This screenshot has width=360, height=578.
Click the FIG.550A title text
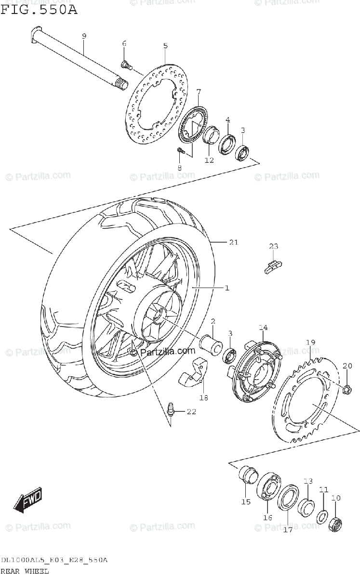[x=39, y=9]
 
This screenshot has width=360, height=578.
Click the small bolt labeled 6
[x=126, y=64]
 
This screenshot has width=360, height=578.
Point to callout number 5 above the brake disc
[x=165, y=46]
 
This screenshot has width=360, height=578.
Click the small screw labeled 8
[x=180, y=151]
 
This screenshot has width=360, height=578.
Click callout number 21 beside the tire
[x=233, y=242]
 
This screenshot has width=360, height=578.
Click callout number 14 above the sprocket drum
[x=263, y=328]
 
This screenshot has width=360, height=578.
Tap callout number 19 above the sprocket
[x=310, y=342]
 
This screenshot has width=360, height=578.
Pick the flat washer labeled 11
[x=322, y=517]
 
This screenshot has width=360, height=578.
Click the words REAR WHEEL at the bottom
[x=25, y=571]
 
